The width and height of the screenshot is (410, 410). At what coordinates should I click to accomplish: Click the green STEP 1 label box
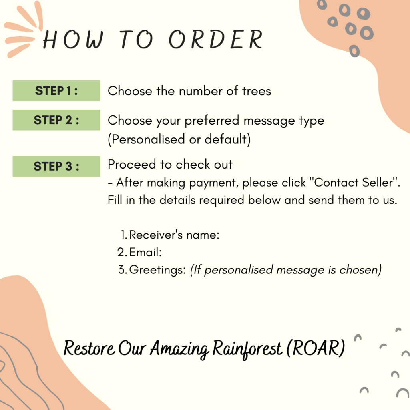[56, 91]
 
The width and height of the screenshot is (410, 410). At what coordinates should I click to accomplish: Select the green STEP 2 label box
[56, 120]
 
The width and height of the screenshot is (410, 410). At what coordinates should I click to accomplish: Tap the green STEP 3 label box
[56, 166]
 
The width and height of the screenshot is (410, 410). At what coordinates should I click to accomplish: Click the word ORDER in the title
[215, 39]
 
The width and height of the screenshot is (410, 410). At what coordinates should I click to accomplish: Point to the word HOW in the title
[73, 40]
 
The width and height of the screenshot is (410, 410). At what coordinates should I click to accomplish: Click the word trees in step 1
[257, 91]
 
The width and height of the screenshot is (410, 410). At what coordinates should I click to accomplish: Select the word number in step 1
[201, 91]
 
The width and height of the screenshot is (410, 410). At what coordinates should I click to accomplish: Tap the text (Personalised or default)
[179, 139]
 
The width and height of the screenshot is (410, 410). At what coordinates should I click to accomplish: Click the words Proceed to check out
[170, 164]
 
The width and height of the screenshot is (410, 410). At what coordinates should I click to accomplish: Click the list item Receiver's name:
[170, 235]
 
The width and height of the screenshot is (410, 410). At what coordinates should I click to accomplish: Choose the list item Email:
[140, 252]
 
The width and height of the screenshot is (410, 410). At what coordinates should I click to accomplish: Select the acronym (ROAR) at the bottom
[316, 348]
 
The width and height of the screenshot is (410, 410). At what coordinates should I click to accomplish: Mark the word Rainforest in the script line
[247, 349]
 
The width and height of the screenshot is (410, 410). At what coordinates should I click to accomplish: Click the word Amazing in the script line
[179, 349]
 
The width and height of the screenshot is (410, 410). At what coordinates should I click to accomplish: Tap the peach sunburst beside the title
[24, 29]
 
